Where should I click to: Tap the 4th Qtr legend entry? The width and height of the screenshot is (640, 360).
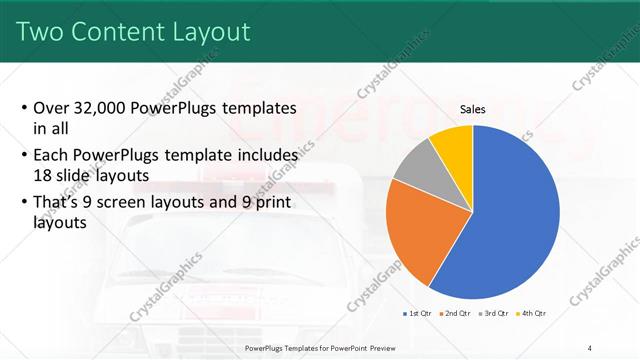coord(533,313)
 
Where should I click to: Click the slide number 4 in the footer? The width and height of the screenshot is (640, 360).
coord(591,347)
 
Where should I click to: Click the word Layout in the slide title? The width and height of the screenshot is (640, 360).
coord(205,32)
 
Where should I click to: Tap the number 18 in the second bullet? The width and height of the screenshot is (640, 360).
coord(43,174)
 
